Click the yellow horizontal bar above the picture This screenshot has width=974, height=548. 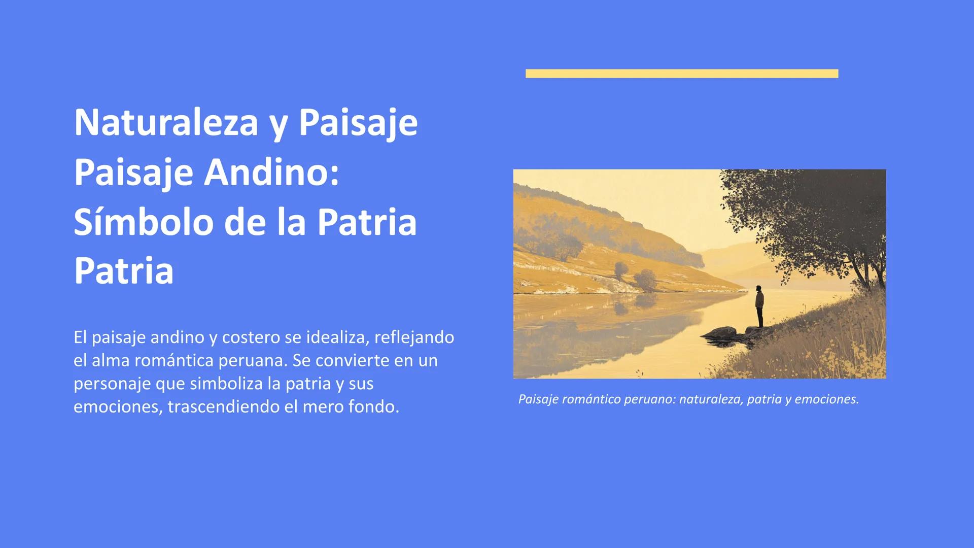click(x=682, y=74)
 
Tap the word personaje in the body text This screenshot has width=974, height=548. click(x=112, y=384)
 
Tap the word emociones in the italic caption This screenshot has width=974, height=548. click(x=826, y=399)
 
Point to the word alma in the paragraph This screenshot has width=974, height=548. click(x=107, y=361)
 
